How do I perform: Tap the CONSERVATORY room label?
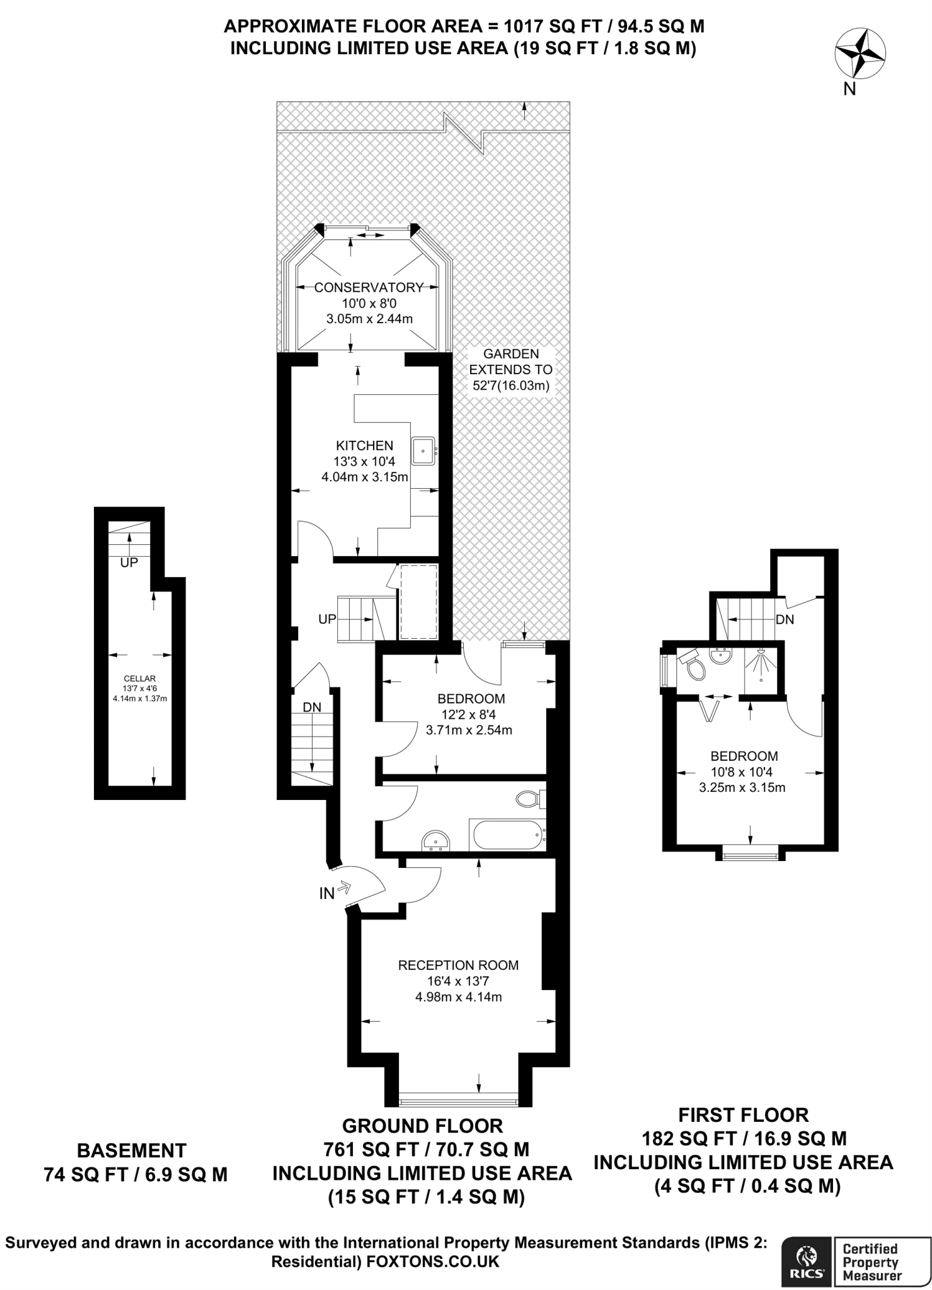(x=369, y=288)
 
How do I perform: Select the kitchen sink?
(x=423, y=450)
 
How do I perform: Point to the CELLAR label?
(x=140, y=678)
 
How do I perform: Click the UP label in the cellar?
(x=129, y=562)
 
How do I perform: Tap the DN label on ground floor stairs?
(x=312, y=707)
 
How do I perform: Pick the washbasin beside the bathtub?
(x=436, y=840)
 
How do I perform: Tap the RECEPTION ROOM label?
(x=458, y=965)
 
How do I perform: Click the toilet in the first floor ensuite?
(x=693, y=666)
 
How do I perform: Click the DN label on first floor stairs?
(x=785, y=620)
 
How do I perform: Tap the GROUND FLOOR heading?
(x=422, y=1126)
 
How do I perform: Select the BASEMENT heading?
(x=132, y=1151)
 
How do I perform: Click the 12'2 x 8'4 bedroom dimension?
(x=469, y=714)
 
